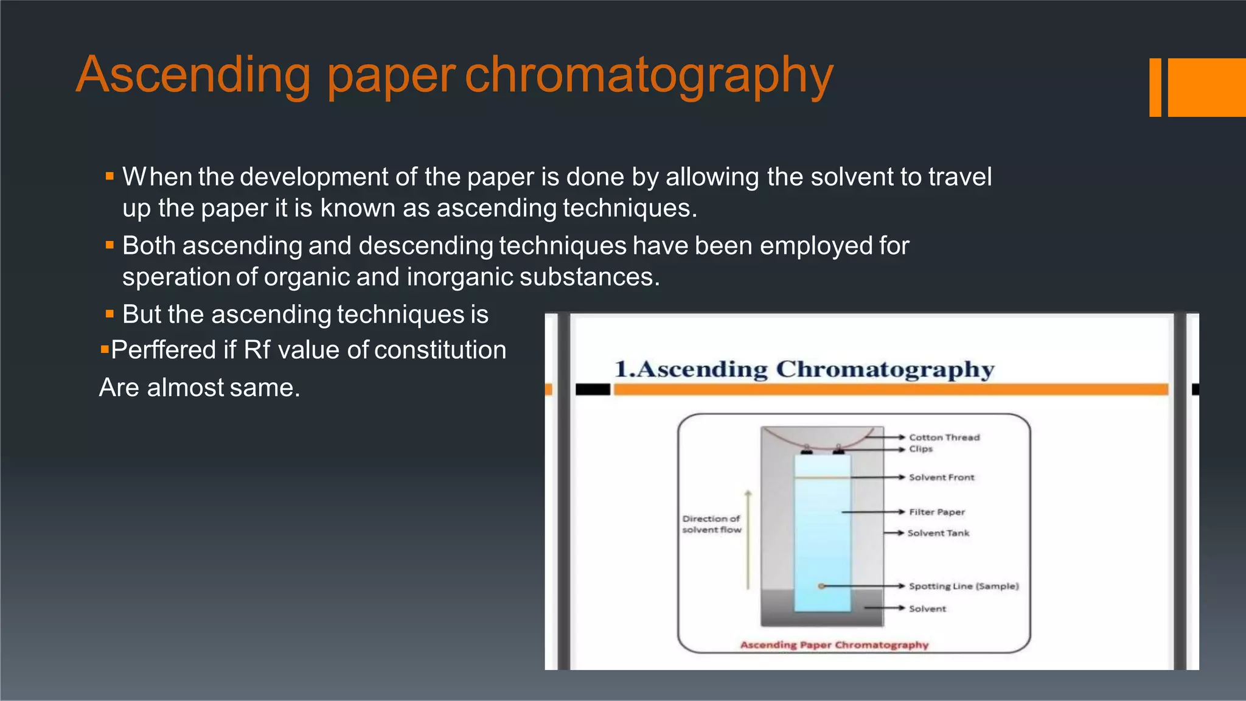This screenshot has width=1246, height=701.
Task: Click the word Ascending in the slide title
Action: click(193, 75)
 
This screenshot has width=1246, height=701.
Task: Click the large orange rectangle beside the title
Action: click(1206, 87)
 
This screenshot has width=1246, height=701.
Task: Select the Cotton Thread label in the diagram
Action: click(944, 438)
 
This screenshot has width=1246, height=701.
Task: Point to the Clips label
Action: click(921, 449)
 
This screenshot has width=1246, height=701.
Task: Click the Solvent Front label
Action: click(941, 478)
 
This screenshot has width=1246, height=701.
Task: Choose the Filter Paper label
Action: click(937, 512)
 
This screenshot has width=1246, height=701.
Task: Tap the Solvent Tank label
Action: click(938, 533)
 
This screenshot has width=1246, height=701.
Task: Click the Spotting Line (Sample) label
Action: click(964, 586)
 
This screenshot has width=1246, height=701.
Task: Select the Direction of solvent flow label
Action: click(711, 525)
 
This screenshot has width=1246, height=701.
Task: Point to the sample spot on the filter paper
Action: click(821, 586)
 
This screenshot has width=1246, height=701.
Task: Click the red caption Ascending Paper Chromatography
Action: click(834, 645)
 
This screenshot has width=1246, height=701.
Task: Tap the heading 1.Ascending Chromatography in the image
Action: click(804, 369)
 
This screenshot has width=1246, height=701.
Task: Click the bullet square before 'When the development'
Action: click(110, 177)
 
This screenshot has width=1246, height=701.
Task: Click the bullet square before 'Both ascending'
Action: click(110, 246)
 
